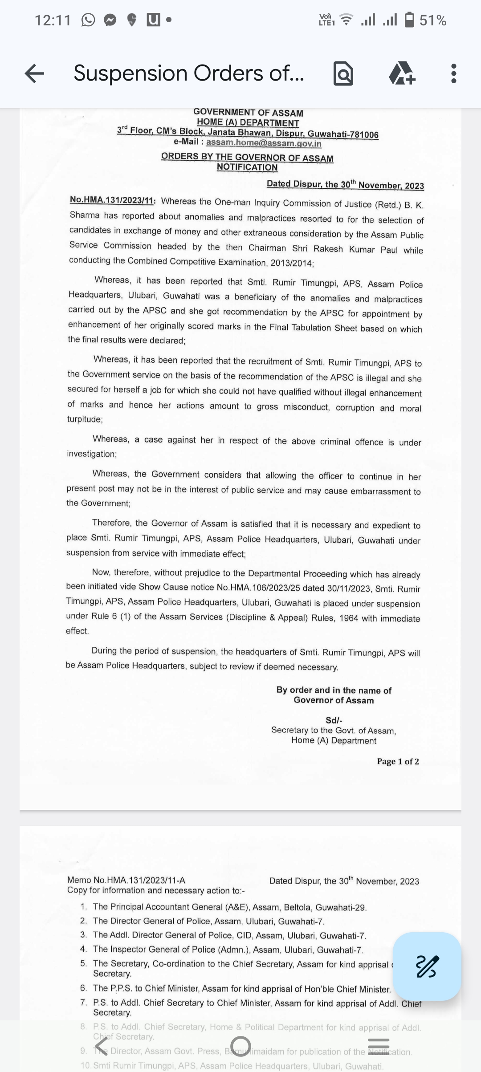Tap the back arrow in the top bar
35,73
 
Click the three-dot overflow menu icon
453,73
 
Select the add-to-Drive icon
402,73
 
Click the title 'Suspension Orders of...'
189,73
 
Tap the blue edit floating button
427,966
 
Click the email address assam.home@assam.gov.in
264,143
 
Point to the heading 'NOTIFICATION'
247,167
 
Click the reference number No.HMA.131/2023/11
112,200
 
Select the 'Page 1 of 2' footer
398,761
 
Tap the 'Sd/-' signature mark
334,720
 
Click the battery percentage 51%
433,20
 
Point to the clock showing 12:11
53,20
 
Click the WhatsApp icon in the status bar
88,20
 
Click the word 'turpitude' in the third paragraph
84,419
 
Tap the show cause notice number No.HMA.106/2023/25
258,588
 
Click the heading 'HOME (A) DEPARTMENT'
248,123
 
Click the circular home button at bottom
240,1044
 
